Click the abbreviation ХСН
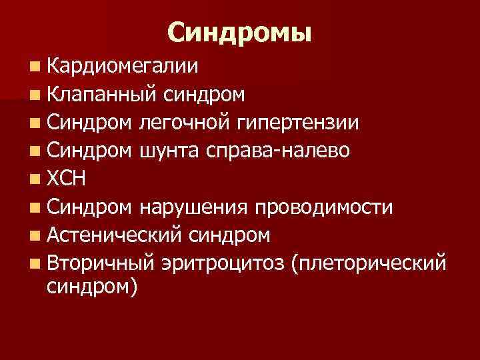pyautogui.click(x=67, y=179)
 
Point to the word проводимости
pyautogui.click(x=323, y=207)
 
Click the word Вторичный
pyautogui.click(x=100, y=264)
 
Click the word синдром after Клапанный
pyautogui.click(x=204, y=94)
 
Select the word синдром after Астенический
pyautogui.click(x=230, y=235)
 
